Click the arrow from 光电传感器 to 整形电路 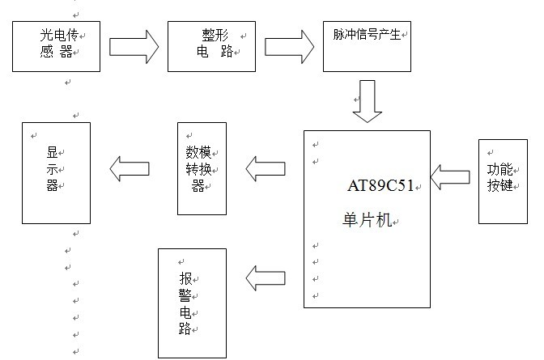click(134, 47)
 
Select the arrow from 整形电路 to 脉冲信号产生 click(289, 47)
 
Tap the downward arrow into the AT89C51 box click(368, 101)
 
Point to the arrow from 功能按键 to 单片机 click(450, 177)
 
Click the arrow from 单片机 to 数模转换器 click(266, 168)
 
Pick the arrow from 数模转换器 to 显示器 click(130, 168)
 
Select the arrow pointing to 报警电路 click(266, 278)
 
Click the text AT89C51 click(380, 185)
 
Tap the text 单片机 click(368, 219)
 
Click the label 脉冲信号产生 click(367, 34)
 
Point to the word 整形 click(215, 36)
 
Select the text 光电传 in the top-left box click(59, 35)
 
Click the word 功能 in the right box click(500, 170)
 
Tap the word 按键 click(500, 185)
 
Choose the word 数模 click(198, 152)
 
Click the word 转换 click(198, 169)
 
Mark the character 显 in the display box click(52, 152)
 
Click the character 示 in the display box click(52, 169)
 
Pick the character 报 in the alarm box click(185, 278)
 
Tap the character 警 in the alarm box click(185, 295)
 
